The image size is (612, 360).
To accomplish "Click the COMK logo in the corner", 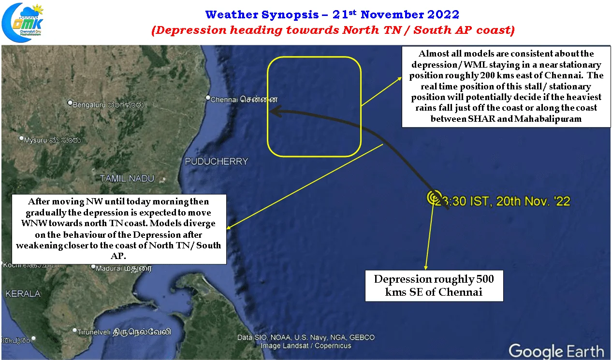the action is click(22, 22).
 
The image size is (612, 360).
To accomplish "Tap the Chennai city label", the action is click(244, 100).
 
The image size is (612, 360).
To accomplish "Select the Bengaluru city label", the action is click(108, 104).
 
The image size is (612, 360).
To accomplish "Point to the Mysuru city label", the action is click(52, 140).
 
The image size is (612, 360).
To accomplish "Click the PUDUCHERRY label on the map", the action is click(217, 161).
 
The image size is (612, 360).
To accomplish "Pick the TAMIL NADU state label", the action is click(127, 179).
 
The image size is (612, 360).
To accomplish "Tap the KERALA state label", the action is click(23, 294).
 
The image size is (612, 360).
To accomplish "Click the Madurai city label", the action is click(123, 269).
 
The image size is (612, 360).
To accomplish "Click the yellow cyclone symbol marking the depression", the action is click(434, 197).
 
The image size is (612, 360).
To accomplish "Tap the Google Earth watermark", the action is click(556, 351).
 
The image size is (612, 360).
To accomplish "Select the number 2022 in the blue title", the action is click(443, 14).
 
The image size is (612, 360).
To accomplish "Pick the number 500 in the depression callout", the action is click(485, 279).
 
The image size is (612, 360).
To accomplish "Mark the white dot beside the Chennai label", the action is click(208, 98).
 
